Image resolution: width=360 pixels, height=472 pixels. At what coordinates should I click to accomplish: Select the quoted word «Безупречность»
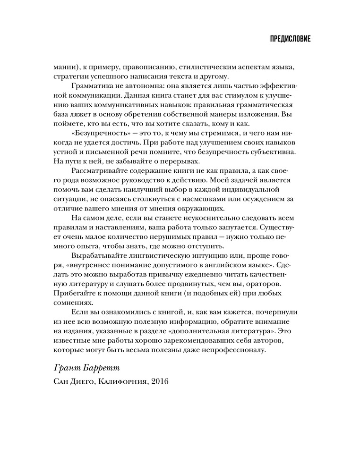pyautogui.click(x=100, y=134)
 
